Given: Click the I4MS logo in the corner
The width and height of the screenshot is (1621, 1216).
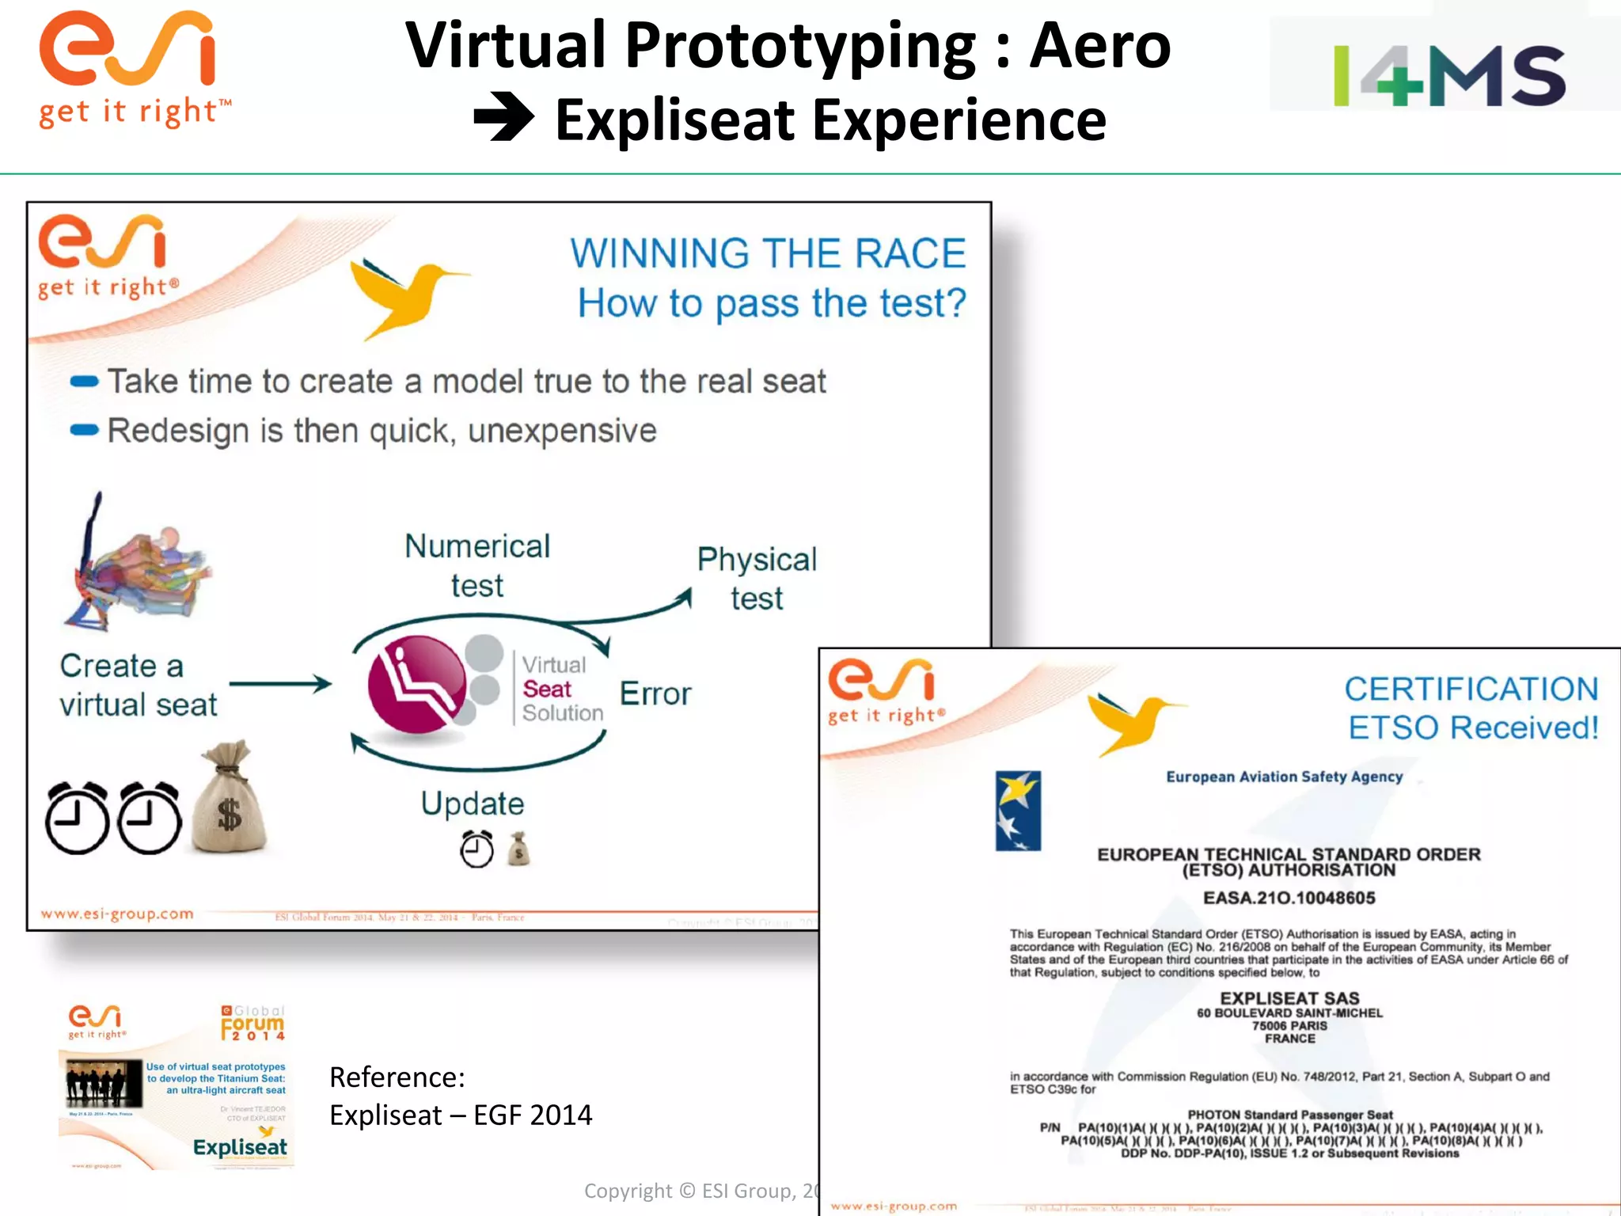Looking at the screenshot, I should pyautogui.click(x=1448, y=75).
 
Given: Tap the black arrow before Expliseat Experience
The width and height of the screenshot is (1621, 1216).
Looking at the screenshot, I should pyautogui.click(x=503, y=117).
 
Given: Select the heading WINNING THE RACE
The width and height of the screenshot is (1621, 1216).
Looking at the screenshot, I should pyautogui.click(x=768, y=254).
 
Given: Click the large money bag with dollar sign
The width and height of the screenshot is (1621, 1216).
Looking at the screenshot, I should pyautogui.click(x=230, y=800).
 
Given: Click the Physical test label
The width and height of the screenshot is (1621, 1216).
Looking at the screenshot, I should pyautogui.click(x=757, y=578).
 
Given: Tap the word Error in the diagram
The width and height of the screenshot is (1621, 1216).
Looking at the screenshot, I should pyautogui.click(x=655, y=693).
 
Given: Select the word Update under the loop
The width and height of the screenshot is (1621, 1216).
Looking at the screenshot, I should pyautogui.click(x=473, y=804).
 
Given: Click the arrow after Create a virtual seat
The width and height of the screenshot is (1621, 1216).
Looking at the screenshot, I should pyautogui.click(x=281, y=684).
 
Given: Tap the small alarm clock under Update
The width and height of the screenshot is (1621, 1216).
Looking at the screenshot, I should pyautogui.click(x=476, y=849).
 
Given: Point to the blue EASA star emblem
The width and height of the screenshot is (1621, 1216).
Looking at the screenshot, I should pyautogui.click(x=1018, y=811).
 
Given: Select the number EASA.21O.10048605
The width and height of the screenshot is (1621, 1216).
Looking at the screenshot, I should pyautogui.click(x=1289, y=898).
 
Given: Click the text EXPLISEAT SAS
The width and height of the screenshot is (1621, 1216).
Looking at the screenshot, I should pyautogui.click(x=1289, y=998).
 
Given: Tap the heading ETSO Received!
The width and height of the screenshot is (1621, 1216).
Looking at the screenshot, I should pyautogui.click(x=1473, y=728).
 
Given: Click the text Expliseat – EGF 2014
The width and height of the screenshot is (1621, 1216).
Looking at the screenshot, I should pyautogui.click(x=461, y=1115).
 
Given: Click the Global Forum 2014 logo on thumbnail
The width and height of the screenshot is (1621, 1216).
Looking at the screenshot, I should pyautogui.click(x=253, y=1023).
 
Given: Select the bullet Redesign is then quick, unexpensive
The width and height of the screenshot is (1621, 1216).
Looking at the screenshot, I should pyautogui.click(x=382, y=431).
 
